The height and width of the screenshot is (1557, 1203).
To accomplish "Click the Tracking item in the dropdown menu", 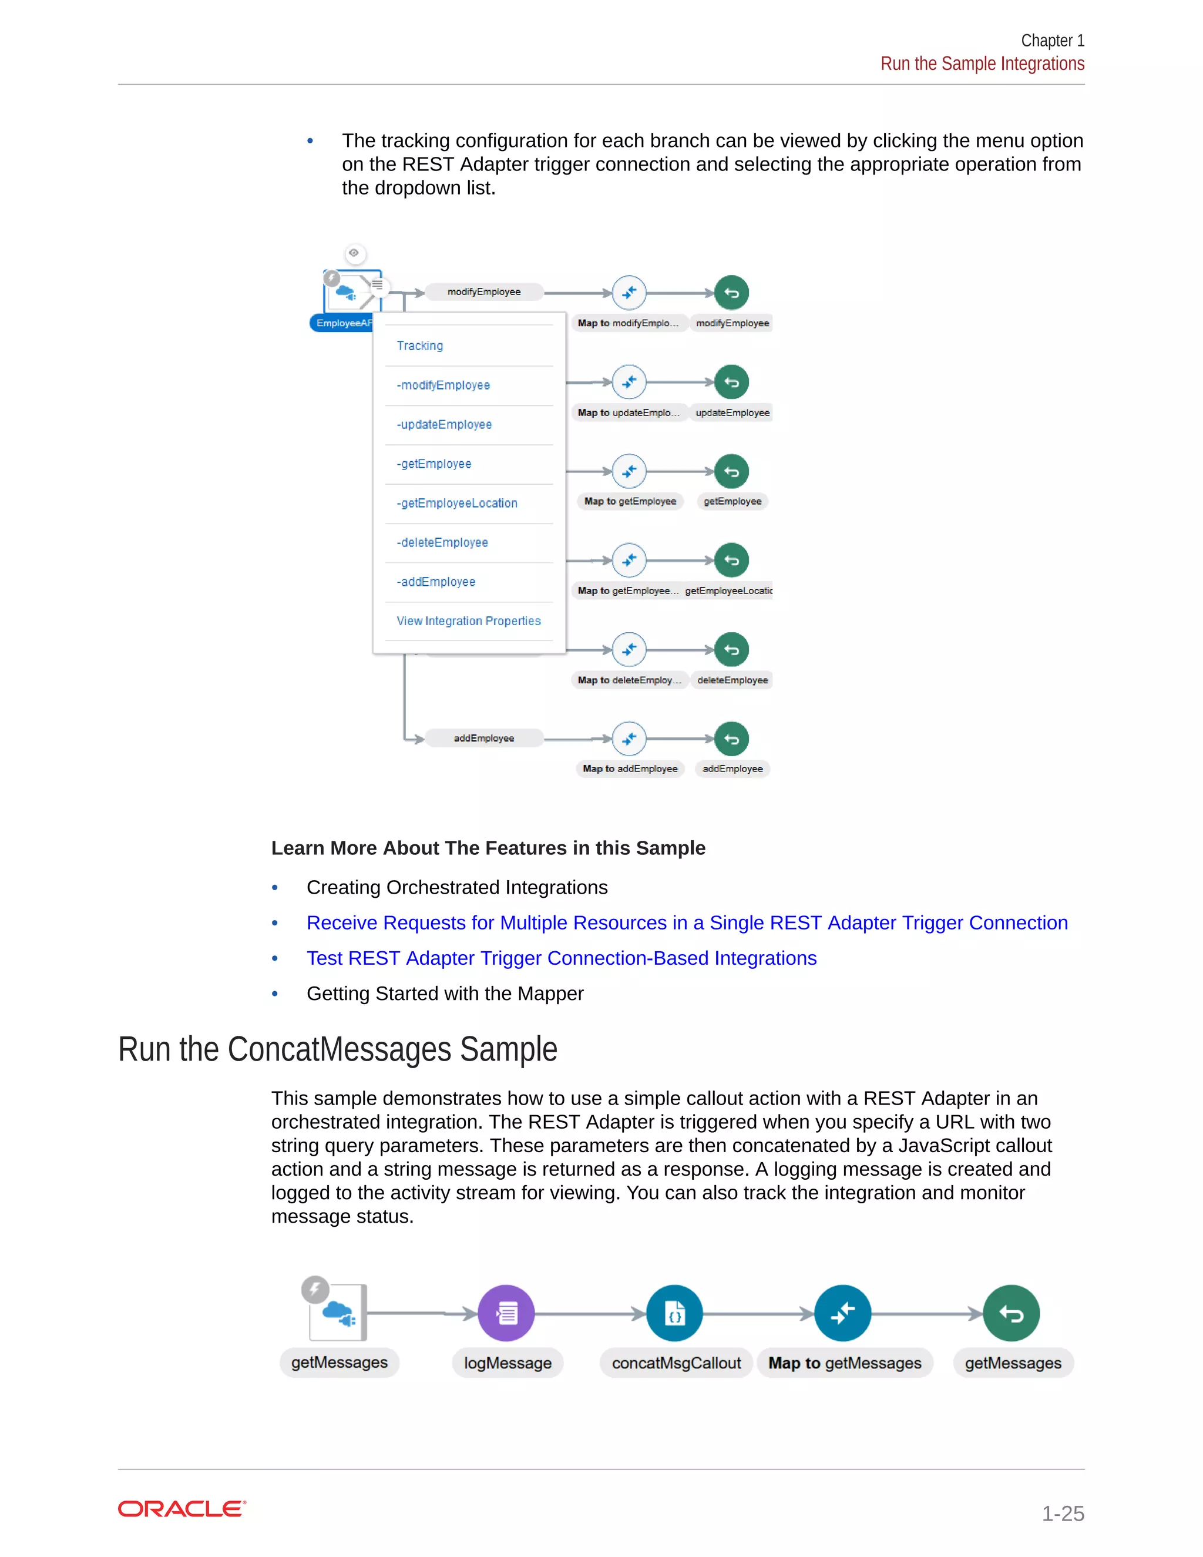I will coord(420,345).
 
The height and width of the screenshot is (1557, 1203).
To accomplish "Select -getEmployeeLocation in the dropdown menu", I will coord(457,504).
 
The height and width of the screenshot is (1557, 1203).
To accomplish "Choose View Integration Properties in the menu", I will coord(468,621).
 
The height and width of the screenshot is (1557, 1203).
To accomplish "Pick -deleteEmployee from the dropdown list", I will coord(442,542).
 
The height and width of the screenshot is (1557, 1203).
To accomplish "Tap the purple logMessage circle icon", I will coord(506,1313).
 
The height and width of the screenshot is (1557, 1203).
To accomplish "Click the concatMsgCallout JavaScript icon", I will coord(674,1313).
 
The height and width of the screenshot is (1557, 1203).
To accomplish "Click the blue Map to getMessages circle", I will coord(842,1313).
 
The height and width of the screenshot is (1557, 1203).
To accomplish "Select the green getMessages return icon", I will coord(1010,1313).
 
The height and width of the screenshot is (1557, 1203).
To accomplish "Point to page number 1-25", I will coord(1063,1513).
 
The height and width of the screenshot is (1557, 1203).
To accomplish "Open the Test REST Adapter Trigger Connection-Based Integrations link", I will coord(561,958).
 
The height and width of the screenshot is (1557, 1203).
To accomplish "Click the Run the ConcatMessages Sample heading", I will coord(337,1049).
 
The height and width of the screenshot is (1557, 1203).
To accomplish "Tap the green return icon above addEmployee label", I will coord(731,739).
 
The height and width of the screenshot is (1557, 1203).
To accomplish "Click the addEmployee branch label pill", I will coord(484,739).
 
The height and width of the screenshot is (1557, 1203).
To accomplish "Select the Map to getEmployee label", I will coord(630,501).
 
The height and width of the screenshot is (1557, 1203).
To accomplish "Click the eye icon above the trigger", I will coord(354,253).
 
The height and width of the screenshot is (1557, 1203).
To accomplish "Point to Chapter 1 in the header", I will coord(1052,41).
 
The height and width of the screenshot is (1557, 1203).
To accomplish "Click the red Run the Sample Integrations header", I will coord(982,64).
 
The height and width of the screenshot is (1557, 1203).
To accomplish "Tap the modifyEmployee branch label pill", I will coord(484,291).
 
